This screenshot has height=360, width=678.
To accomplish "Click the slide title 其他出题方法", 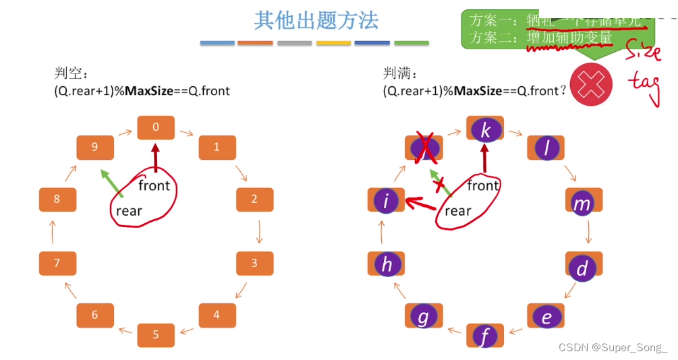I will pos(316,20).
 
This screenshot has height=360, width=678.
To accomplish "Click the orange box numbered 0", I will pos(156,127).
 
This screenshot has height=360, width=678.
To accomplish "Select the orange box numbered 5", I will pos(156,335).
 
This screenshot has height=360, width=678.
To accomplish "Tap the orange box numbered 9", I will pos(94,147).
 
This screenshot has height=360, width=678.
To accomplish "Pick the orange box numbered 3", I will pos(254,263).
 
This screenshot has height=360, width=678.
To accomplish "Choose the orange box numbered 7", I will pos(57,263).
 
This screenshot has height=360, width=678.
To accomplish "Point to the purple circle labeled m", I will pos(582,202).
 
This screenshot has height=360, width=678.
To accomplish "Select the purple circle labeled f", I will pos(485,336).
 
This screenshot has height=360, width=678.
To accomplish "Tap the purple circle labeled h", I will pos(387,265).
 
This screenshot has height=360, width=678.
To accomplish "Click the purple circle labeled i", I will pos(387,201).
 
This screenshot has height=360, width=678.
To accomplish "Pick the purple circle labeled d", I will pos(582,268).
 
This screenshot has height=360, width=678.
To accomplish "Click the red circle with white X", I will pos(591,84).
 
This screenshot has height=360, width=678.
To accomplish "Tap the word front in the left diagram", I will pos(154,185).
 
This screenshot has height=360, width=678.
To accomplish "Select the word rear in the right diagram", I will pos(457,211).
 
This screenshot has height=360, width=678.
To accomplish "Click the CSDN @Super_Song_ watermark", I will pos(613,347).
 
